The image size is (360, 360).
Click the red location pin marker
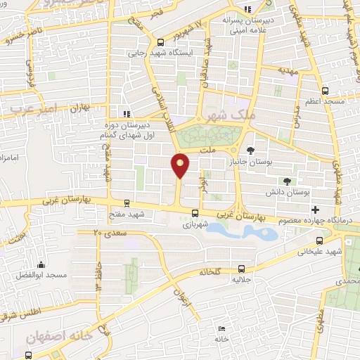point(181,165)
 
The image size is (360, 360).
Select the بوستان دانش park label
point(290,191)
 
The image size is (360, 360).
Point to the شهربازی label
point(193,225)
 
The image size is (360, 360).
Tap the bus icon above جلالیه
point(242,268)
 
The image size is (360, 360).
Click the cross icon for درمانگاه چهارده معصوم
point(315,209)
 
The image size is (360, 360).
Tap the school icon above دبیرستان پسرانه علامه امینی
point(246,8)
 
